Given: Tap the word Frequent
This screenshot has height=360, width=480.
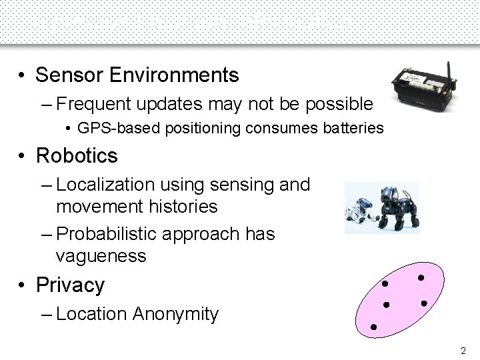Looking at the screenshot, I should point(100,104).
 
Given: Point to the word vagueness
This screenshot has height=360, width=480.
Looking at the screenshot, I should point(101,256).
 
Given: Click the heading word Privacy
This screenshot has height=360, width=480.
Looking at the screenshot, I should point(70,285).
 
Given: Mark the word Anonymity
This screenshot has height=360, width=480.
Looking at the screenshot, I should point(176,313).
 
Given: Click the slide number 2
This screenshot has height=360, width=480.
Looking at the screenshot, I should point(463,349).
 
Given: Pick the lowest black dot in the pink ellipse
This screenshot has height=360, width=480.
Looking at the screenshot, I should point(374,327).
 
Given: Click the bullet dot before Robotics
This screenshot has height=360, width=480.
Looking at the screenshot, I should point(23,156).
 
